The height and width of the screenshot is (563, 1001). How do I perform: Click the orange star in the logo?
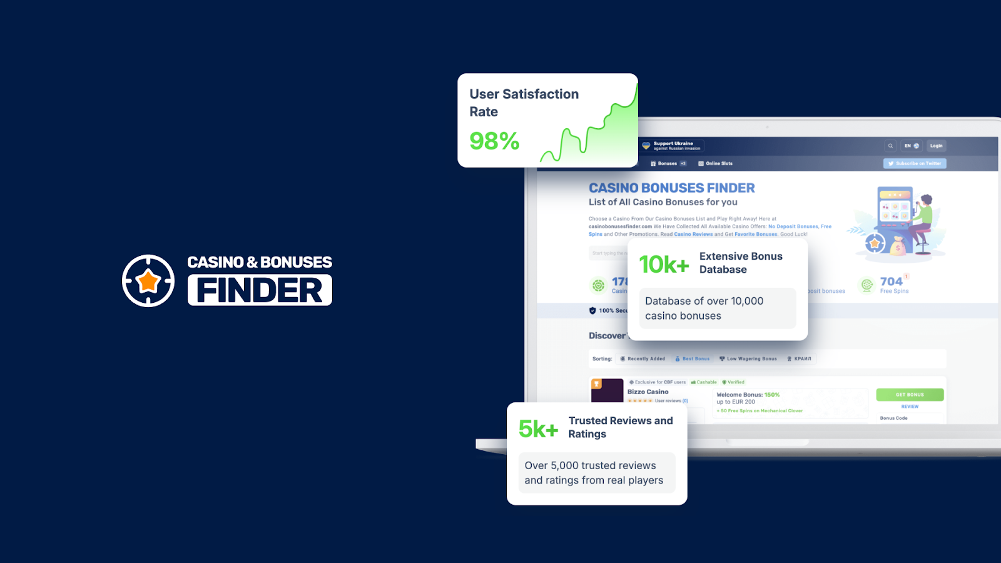click(148, 281)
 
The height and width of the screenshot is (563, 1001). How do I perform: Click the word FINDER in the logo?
click(260, 290)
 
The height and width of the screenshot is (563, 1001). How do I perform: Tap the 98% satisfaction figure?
click(494, 141)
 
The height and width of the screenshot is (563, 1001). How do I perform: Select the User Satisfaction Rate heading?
click(524, 103)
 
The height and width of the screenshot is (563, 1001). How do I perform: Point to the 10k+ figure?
click(664, 265)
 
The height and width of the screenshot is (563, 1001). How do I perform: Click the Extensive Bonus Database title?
click(741, 263)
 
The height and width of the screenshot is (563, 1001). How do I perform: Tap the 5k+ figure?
click(538, 429)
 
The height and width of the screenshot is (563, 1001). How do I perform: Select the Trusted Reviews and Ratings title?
click(621, 427)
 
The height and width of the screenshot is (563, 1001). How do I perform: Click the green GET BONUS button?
click(910, 395)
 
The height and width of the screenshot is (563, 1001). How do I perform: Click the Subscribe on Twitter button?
click(915, 163)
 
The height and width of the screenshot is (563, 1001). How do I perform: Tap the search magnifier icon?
click(890, 146)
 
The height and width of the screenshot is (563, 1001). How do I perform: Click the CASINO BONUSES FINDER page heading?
click(671, 188)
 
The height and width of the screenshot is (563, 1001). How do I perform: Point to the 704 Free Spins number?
click(891, 281)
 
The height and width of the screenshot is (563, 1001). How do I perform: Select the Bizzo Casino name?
click(648, 392)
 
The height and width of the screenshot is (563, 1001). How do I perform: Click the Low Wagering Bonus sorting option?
click(748, 359)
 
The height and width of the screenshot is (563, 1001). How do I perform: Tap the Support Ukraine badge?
click(673, 146)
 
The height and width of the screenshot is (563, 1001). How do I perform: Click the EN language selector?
click(911, 146)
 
